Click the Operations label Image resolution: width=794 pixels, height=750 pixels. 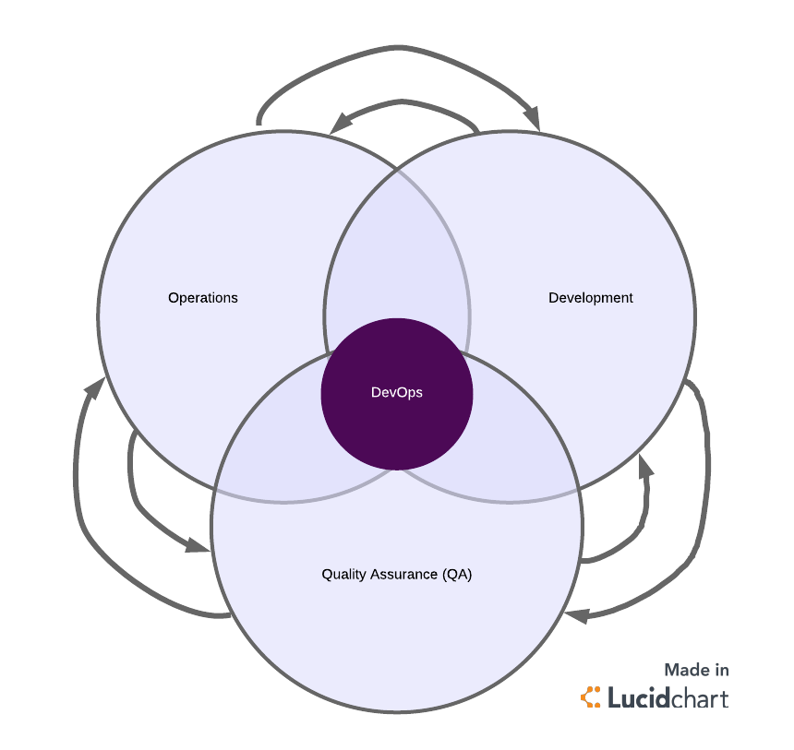203,298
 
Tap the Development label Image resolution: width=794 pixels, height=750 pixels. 591,298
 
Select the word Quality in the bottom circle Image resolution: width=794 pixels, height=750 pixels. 343,574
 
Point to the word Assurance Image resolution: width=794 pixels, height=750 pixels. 403,574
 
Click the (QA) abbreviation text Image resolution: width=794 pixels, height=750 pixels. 457,574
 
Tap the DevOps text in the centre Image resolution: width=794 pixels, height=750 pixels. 397,393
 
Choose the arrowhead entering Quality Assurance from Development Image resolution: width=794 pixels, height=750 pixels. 577,613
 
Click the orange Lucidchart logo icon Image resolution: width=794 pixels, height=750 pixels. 590,697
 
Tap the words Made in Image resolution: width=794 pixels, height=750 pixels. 696,671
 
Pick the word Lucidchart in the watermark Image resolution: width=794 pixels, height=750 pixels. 668,697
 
